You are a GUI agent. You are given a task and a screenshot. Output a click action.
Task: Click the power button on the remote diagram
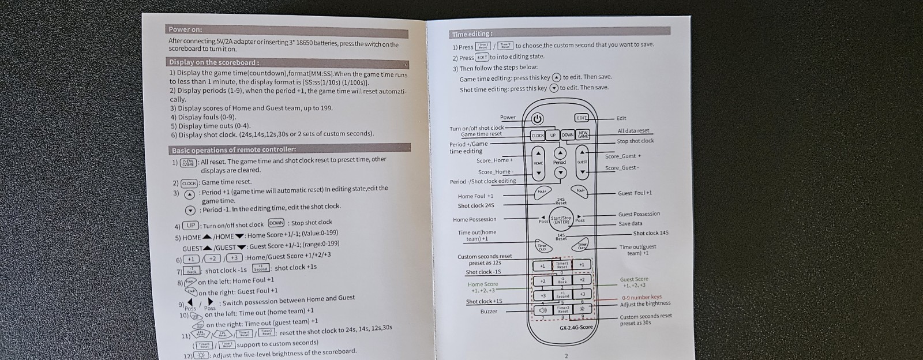(x=537, y=119)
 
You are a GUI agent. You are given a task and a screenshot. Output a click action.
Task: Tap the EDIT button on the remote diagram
(x=582, y=118)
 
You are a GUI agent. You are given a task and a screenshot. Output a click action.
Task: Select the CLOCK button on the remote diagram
(x=538, y=136)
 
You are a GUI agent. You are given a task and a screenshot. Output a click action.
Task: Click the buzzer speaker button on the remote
(x=542, y=310)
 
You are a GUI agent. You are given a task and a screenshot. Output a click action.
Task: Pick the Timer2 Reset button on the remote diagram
(x=562, y=310)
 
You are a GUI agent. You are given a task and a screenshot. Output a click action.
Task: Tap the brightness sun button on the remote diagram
(x=582, y=309)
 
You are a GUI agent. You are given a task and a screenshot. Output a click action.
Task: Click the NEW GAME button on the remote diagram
(x=583, y=134)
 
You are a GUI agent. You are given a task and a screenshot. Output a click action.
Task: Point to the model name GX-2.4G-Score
(x=576, y=328)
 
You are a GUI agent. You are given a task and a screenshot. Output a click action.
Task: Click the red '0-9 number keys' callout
(x=641, y=297)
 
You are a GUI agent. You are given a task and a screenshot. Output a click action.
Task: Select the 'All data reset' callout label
(x=633, y=131)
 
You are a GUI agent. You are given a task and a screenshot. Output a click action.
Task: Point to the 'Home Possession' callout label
(x=474, y=219)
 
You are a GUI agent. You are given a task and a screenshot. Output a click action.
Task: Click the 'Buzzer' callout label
(x=489, y=312)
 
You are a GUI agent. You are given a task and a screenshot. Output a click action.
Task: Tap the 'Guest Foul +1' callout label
(x=635, y=193)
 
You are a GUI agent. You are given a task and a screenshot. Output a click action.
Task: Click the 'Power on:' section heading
(x=185, y=29)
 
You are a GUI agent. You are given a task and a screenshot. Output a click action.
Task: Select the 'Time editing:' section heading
(x=472, y=34)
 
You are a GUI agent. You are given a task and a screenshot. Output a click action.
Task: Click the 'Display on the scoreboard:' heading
(x=213, y=62)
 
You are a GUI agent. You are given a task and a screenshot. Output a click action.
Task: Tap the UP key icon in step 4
(x=190, y=226)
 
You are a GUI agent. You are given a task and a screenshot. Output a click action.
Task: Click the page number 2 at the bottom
(x=566, y=356)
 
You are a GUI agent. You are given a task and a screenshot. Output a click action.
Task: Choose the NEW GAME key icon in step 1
(x=188, y=163)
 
